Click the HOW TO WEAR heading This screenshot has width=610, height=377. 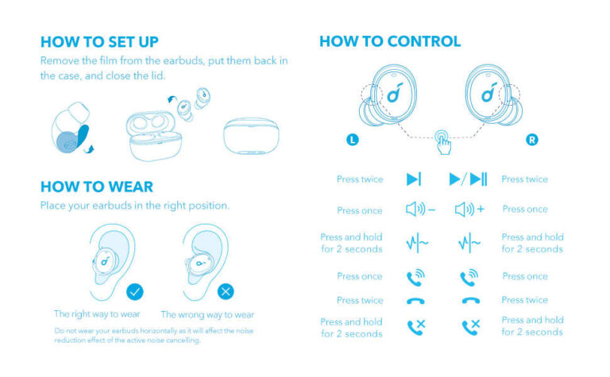tap(97, 187)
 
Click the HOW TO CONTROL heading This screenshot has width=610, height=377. tap(389, 41)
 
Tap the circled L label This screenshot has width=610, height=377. tap(353, 140)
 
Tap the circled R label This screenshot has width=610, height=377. tap(532, 140)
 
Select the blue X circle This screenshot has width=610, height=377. tap(226, 291)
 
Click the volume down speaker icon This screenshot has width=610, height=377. tap(420, 210)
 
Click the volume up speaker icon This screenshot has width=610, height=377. tap(469, 210)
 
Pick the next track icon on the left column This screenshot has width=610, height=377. tap(414, 179)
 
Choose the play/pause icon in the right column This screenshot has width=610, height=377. tap(469, 179)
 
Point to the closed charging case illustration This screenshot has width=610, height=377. tap(255, 136)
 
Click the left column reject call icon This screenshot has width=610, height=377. tap(415, 327)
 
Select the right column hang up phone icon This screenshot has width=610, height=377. tap(469, 301)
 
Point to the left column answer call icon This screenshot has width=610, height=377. tap(415, 277)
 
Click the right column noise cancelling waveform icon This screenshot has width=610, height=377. tap(469, 243)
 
